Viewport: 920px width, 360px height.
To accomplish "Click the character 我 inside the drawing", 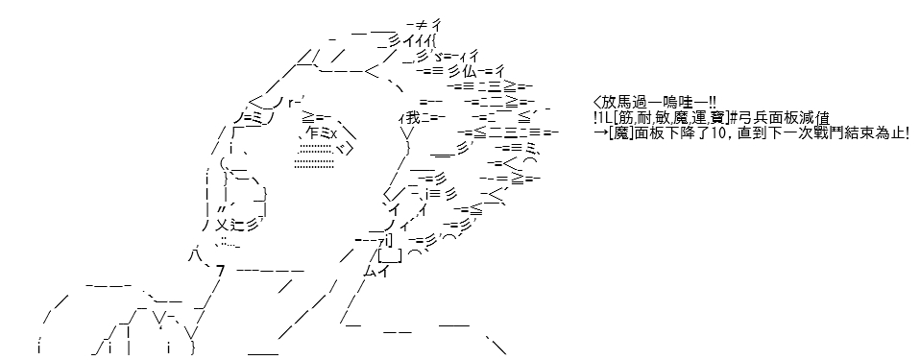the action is click(x=413, y=118).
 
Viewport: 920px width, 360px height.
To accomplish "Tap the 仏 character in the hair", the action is click(x=469, y=72).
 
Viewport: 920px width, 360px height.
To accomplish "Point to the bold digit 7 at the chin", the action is click(x=221, y=271).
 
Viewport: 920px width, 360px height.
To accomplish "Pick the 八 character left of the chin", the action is click(x=195, y=255).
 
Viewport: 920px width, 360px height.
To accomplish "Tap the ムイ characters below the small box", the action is click(x=375, y=271).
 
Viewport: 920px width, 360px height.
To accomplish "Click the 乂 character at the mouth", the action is click(x=222, y=225).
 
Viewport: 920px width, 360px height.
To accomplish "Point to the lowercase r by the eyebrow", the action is click(x=292, y=103).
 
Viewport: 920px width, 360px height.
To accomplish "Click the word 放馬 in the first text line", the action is click(x=617, y=103).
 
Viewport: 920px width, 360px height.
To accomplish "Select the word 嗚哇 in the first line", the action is click(x=667, y=103).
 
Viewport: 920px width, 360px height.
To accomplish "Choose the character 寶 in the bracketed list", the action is click(x=714, y=118).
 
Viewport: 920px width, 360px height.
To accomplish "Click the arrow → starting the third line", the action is click(x=599, y=133).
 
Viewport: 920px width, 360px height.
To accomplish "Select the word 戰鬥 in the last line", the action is click(x=832, y=133).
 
